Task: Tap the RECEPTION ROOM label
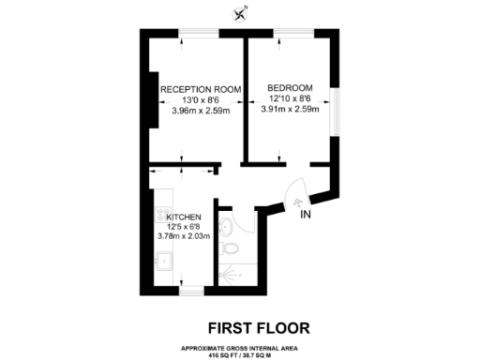(201, 89)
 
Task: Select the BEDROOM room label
(290, 87)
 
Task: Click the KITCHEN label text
(183, 217)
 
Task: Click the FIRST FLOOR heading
(258, 327)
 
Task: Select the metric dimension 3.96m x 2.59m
(201, 110)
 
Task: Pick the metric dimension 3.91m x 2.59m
(290, 109)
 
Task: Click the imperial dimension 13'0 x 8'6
(201, 99)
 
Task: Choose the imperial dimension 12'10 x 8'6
(290, 98)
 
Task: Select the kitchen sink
(161, 262)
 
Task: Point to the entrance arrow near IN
(296, 199)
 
